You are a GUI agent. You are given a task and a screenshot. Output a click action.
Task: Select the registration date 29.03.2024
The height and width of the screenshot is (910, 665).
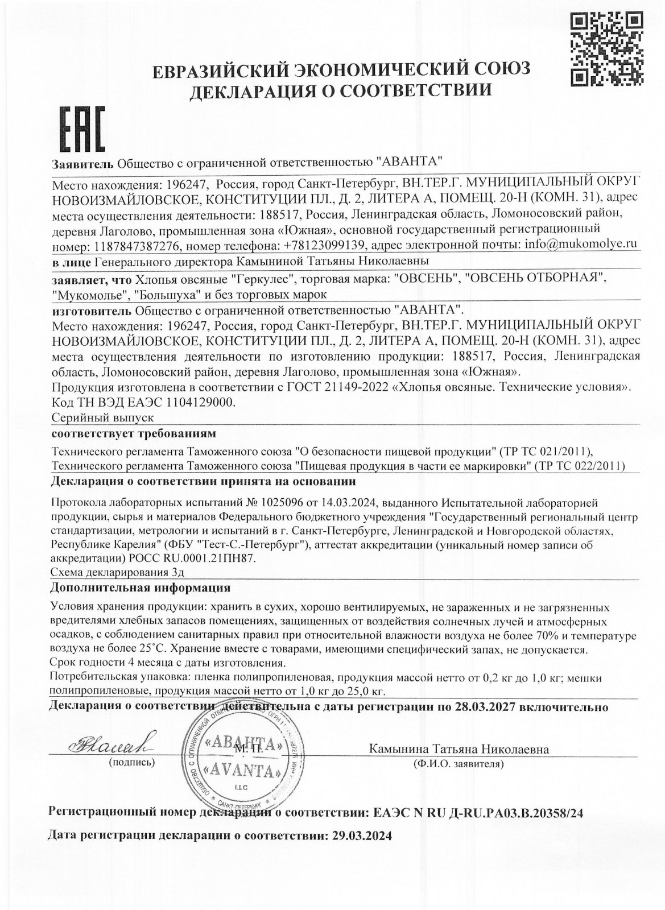click(x=361, y=836)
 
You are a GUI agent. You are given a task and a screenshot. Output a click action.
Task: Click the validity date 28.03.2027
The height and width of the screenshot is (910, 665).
click(x=486, y=707)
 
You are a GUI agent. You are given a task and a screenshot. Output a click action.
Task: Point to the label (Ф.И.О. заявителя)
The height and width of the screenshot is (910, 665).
click(x=459, y=764)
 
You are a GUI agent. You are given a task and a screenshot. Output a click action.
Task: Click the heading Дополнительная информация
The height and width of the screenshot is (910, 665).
click(x=141, y=587)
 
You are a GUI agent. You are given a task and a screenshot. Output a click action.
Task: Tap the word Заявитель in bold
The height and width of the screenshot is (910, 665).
click(x=82, y=163)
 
